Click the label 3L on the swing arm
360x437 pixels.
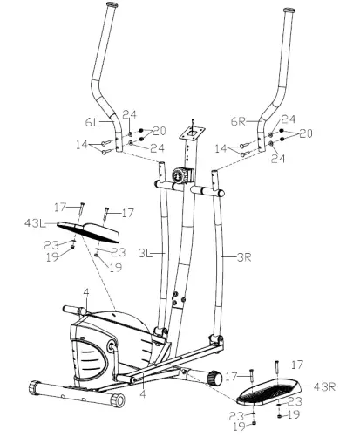(146, 252)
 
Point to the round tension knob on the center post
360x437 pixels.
(178, 174)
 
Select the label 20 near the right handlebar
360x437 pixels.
(305, 133)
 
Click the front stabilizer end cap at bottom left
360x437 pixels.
(36, 387)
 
